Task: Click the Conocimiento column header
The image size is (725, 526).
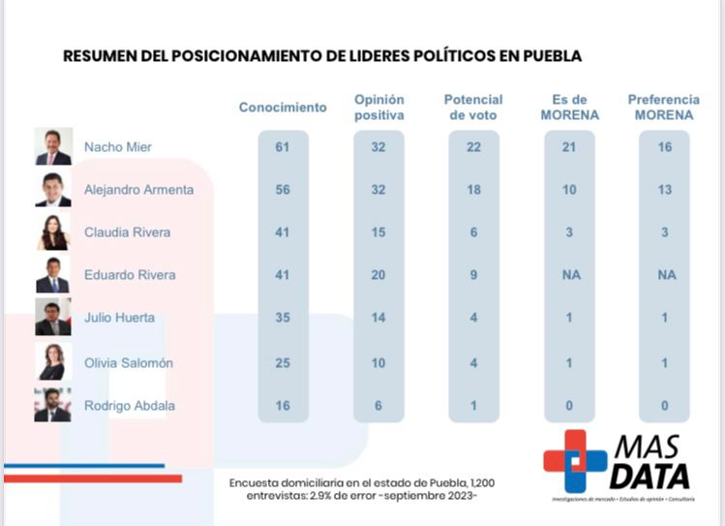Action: coord(283,108)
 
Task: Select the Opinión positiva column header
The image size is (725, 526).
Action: coord(378,108)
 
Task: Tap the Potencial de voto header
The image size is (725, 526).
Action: coord(473,108)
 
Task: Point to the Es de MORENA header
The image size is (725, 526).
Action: coord(568,108)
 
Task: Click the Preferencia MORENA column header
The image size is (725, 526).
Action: coord(663,108)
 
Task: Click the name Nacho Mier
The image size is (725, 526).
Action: coord(117,147)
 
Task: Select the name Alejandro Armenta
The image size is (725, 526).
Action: coord(138,190)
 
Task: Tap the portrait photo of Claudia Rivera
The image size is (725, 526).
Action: coord(52,232)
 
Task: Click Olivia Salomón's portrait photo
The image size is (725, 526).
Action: coord(52,362)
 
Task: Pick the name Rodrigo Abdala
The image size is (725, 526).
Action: coord(130,406)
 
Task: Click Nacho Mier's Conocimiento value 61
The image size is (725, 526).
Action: coord(283,147)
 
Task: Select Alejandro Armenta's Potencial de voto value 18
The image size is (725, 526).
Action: coord(473,190)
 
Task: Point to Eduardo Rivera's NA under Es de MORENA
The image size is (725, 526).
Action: coord(568,275)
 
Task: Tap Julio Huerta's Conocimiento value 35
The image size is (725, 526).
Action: coord(283,318)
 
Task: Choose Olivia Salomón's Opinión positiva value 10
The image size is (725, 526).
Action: coord(378,363)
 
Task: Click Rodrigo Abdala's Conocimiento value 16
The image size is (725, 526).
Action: coord(283,406)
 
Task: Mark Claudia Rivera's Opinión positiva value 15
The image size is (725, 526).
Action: coord(378,232)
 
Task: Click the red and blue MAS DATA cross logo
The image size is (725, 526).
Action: coord(575,462)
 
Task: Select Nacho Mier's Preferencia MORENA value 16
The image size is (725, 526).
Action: coord(663,147)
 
